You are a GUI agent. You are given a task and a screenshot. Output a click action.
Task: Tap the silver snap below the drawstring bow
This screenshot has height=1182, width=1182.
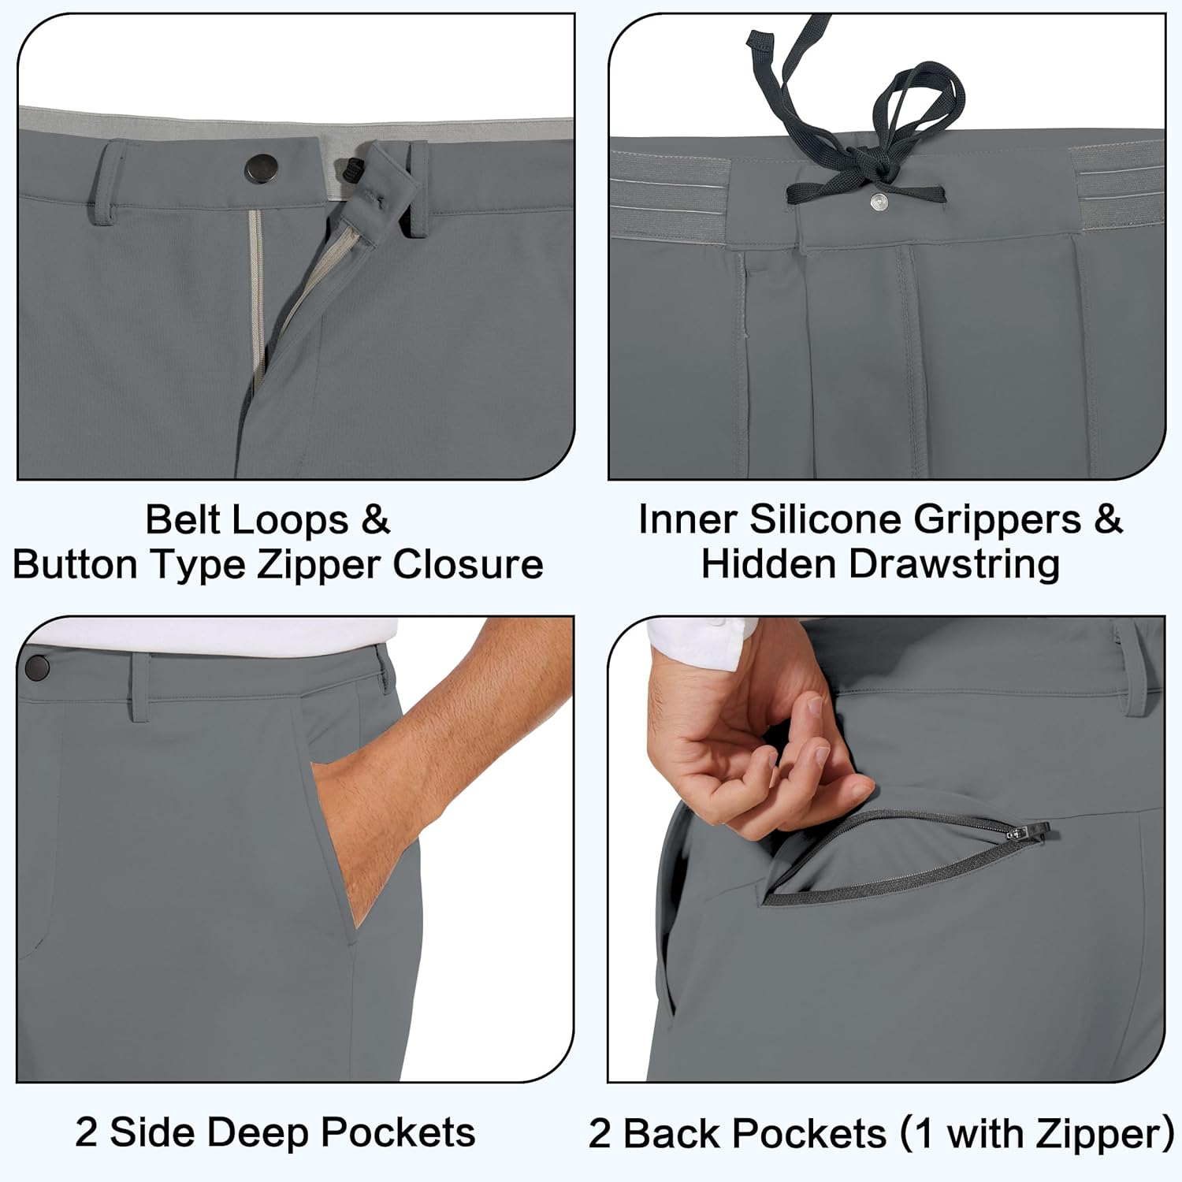click(878, 203)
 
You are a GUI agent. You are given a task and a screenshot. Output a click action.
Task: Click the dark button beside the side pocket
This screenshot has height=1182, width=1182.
click(36, 668)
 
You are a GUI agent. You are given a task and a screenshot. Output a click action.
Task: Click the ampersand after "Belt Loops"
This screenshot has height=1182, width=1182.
click(376, 520)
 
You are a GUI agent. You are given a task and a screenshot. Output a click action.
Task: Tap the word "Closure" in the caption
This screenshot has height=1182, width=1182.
click(468, 564)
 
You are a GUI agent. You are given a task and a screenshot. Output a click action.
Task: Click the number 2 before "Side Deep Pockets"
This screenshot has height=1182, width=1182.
click(86, 1133)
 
